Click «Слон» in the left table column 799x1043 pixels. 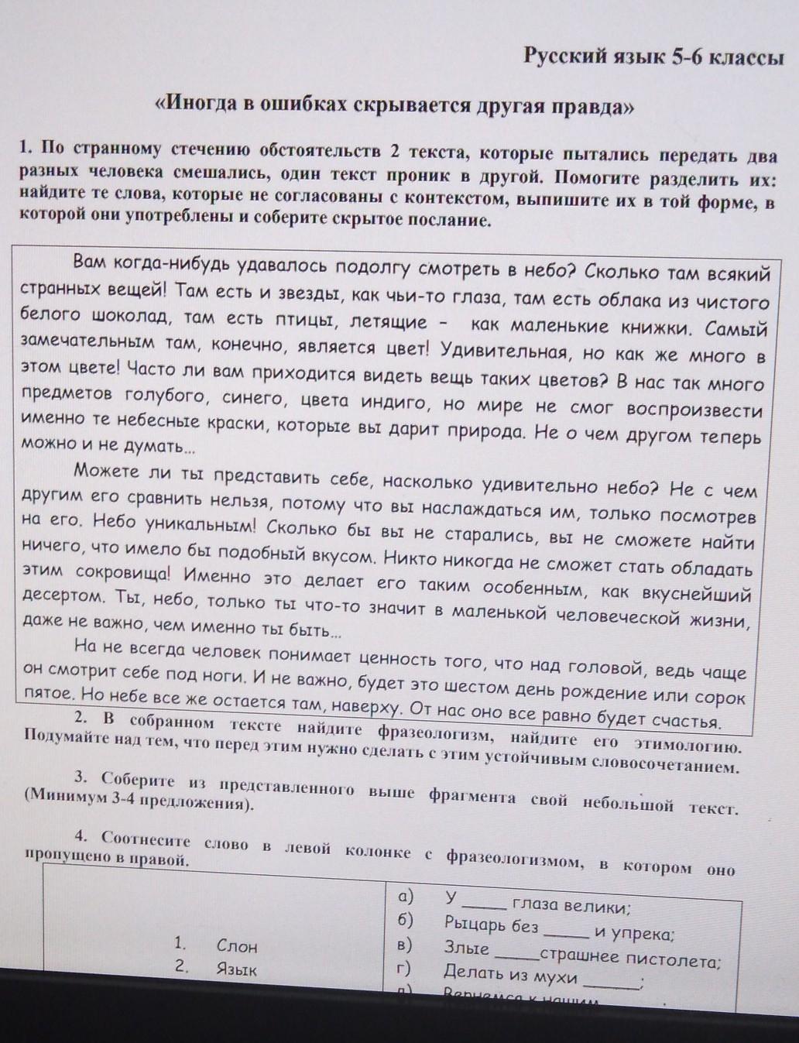237,945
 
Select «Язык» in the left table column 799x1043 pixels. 237,969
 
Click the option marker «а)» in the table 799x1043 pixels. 403,897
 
